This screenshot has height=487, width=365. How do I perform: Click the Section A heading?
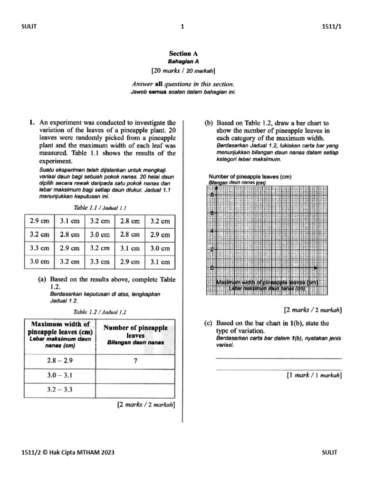182,54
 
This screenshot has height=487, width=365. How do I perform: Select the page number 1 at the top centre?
182,27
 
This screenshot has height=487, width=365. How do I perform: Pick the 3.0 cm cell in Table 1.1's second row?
99,234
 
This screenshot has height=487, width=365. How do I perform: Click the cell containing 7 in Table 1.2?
135,361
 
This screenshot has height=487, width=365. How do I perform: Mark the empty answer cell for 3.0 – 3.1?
135,375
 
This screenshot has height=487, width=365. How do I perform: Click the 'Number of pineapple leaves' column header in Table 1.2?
135,331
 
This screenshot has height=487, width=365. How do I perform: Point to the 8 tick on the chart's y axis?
211,195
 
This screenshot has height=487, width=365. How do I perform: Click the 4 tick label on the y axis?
211,232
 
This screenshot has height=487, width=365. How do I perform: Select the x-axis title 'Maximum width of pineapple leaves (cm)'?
267,282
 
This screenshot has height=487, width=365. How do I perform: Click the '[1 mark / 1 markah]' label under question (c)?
314,375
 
